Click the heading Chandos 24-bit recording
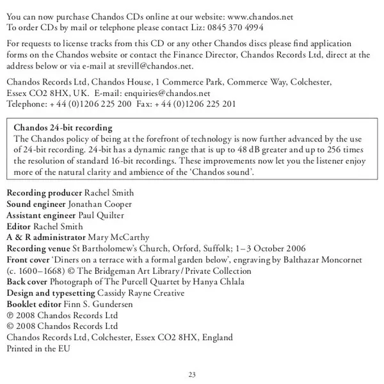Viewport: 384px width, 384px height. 63,127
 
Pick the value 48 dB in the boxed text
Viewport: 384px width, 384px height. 248,149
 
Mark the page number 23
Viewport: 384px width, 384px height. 192,374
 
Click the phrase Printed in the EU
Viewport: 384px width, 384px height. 38,349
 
